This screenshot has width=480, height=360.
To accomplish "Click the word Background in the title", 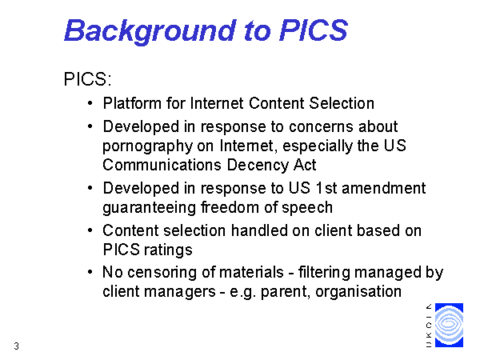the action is [150, 31].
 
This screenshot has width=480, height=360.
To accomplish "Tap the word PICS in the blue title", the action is [314, 30].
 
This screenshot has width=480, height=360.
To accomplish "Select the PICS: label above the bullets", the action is [87, 79].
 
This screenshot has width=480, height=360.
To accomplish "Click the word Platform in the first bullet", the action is [132, 103].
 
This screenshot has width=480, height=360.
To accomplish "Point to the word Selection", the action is [342, 103].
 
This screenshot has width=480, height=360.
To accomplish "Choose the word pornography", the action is [147, 146].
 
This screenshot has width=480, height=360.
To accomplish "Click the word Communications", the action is [162, 165].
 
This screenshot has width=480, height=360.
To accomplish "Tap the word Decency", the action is [258, 166].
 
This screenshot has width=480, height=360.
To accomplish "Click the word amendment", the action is [383, 188].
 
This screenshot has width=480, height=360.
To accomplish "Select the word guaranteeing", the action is [149, 208].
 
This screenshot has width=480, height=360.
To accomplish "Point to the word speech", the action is [307, 207].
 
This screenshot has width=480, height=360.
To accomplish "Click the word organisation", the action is [358, 291].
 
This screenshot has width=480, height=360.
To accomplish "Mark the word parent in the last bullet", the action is [286, 292].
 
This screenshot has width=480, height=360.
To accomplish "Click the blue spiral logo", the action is [449, 325].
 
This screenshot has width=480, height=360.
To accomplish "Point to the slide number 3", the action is [17, 346].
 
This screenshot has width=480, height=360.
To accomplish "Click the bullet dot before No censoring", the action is [90, 272].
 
